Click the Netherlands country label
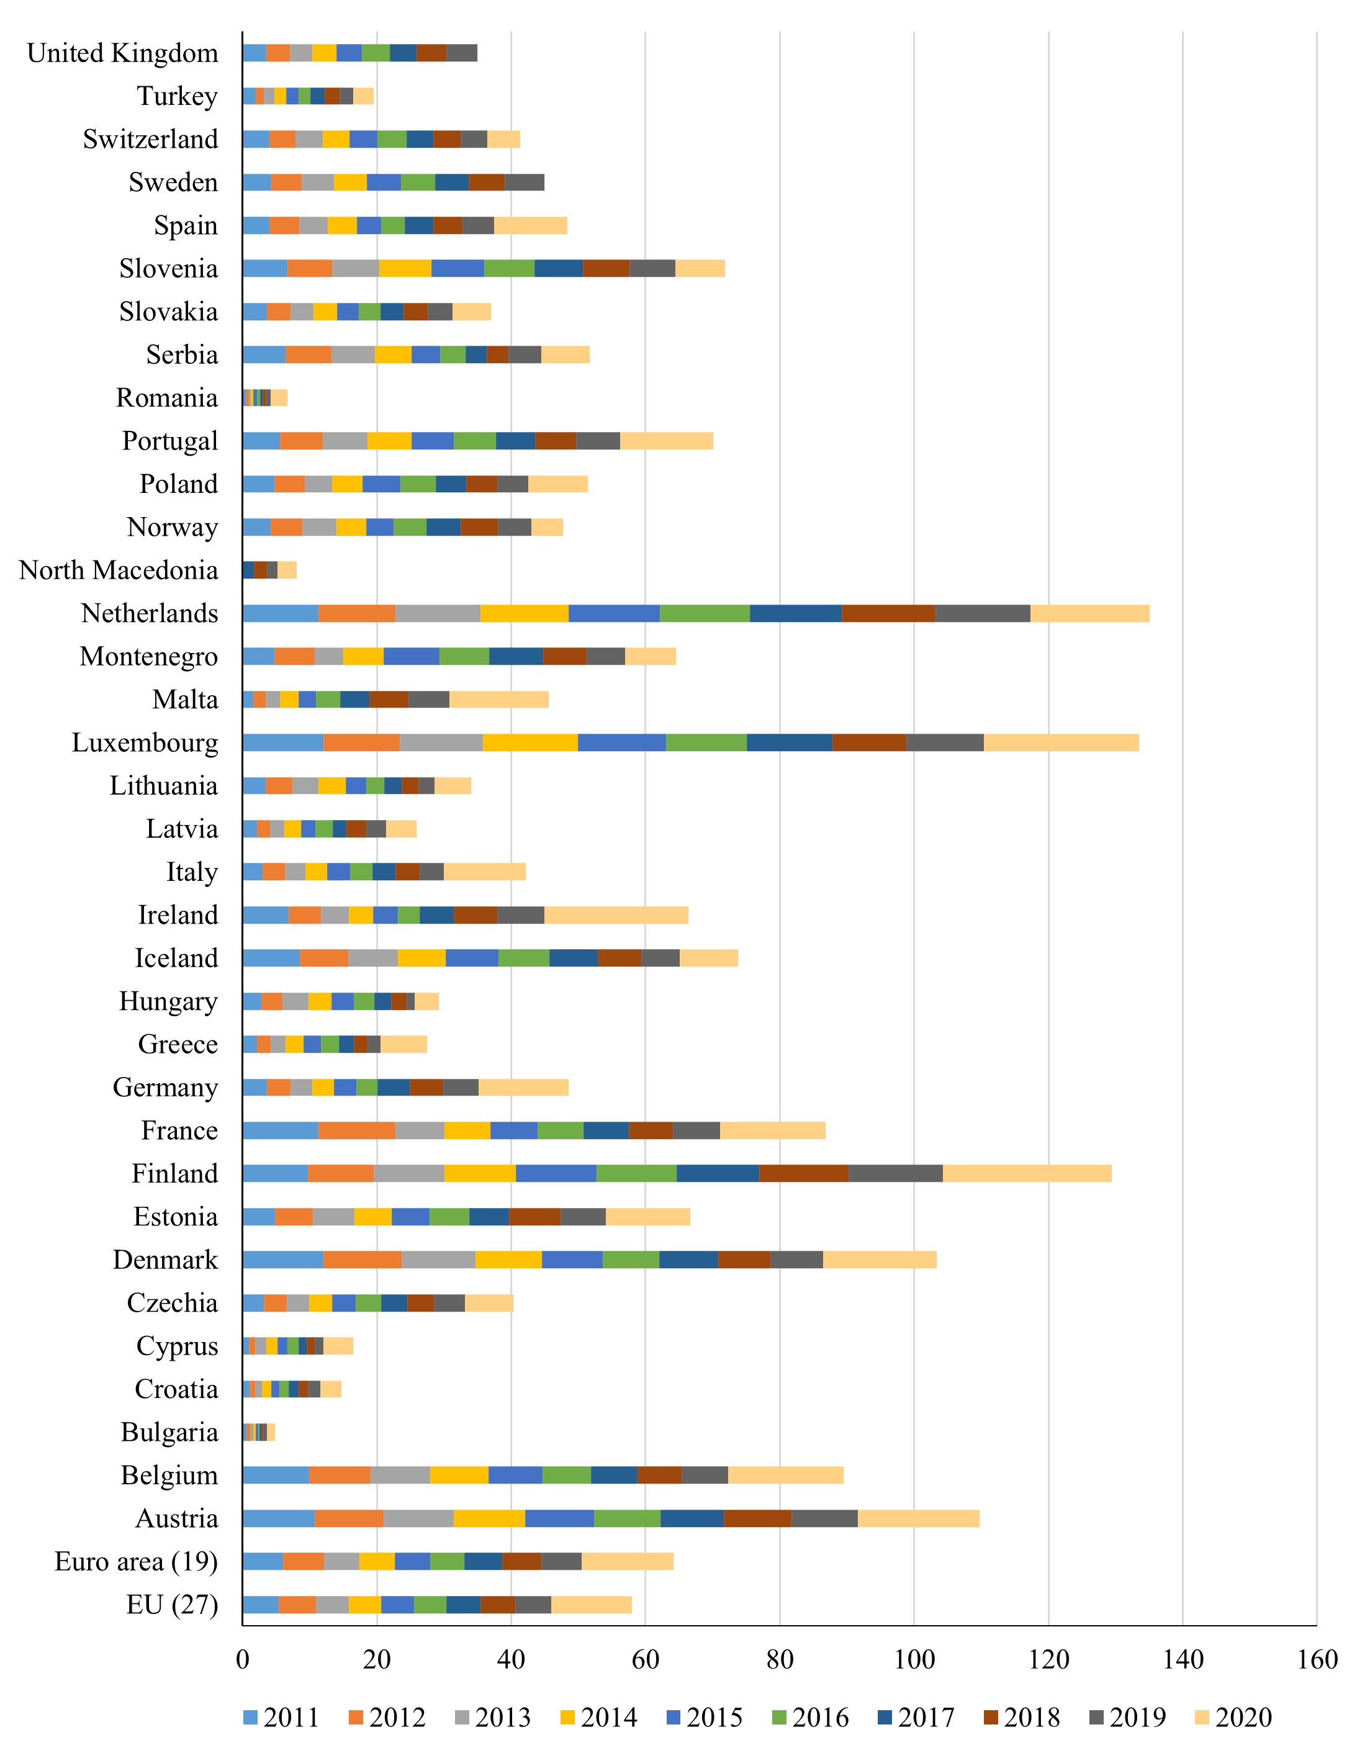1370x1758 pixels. pyautogui.click(x=150, y=613)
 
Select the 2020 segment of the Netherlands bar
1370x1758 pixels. pyautogui.click(x=1090, y=613)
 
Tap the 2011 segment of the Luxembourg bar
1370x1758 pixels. pyautogui.click(x=283, y=742)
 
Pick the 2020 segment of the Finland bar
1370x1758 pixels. pyautogui.click(x=1027, y=1174)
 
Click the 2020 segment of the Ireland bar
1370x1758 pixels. pyautogui.click(x=616, y=915)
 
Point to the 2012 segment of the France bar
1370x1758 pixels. pyautogui.click(x=356, y=1130)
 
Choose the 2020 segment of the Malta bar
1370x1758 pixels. pyautogui.click(x=499, y=700)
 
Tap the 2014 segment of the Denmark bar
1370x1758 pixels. pyautogui.click(x=509, y=1260)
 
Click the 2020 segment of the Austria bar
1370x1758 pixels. pyautogui.click(x=919, y=1518)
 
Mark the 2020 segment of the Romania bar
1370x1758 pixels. pyautogui.click(x=279, y=398)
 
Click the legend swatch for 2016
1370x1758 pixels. pyautogui.click(x=778, y=1717)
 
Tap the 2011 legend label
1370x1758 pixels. pyautogui.click(x=291, y=1717)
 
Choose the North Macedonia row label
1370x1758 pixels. pyautogui.click(x=119, y=570)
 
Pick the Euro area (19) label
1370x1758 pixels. pyautogui.click(x=136, y=1562)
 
